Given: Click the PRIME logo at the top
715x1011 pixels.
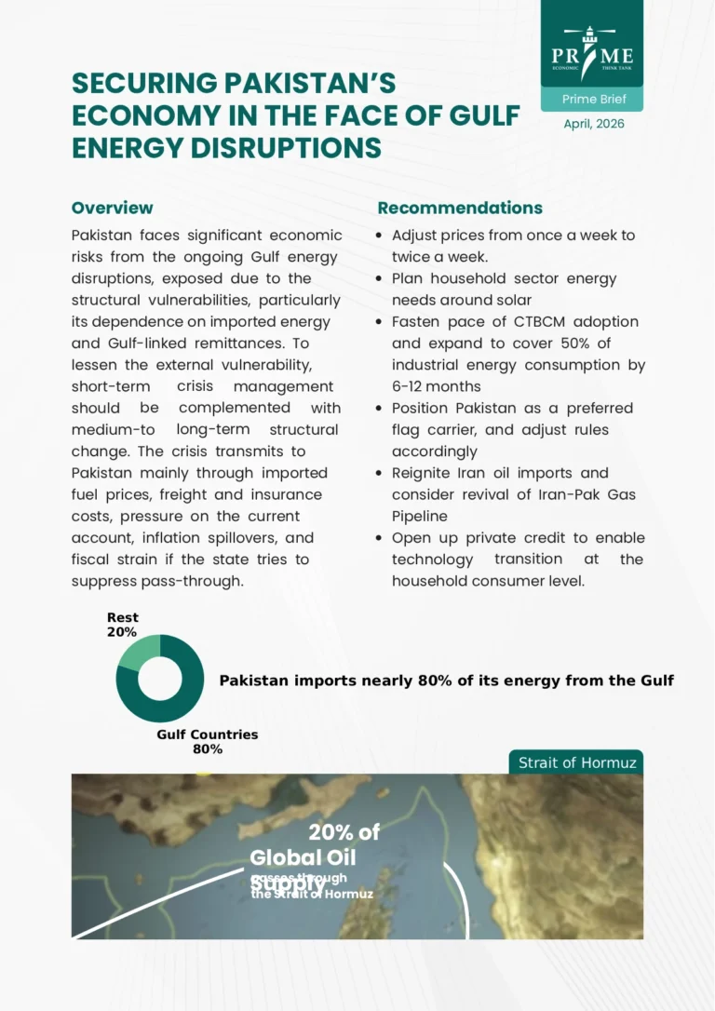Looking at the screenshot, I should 592,51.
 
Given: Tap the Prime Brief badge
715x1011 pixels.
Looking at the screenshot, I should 592,99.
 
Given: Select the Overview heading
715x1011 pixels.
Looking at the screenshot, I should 112,208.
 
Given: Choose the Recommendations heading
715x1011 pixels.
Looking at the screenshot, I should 460,208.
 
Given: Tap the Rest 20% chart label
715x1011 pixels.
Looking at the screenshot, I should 122,625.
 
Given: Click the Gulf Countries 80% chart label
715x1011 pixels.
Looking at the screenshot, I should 207,741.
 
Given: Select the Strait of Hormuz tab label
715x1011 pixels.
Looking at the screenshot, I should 577,762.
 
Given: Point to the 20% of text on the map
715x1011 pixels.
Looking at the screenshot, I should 344,832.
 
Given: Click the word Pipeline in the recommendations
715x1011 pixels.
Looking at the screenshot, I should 419,516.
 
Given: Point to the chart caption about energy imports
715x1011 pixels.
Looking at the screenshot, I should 446,681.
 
